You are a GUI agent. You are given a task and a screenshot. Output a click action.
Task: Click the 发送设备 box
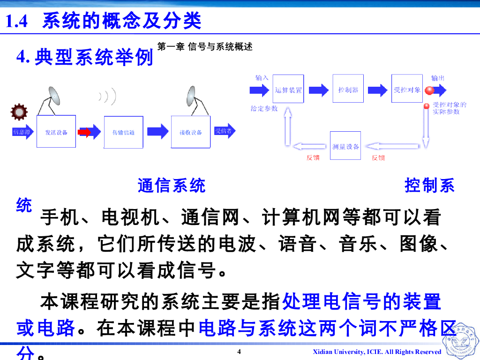56,132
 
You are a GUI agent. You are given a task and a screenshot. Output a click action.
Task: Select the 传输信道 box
123,132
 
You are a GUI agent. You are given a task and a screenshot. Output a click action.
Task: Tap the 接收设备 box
190,132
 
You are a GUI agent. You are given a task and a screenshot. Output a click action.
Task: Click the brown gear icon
19,112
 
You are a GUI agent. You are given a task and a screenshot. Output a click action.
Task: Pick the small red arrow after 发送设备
84,133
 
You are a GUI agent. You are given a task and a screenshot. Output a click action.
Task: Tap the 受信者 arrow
224,131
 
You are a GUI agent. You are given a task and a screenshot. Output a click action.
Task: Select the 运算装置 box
288,89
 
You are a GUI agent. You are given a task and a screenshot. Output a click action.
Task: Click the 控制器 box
348,89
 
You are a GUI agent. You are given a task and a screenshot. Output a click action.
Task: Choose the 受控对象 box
406,89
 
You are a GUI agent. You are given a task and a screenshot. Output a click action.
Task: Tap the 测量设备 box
346,146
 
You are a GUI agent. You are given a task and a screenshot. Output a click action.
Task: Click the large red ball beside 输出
429,90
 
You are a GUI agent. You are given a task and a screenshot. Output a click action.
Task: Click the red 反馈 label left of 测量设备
313,158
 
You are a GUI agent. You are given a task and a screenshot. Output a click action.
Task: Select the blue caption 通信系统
172,186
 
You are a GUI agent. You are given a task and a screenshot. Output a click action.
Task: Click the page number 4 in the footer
239,352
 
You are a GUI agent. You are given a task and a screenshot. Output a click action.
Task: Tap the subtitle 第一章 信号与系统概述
205,47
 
